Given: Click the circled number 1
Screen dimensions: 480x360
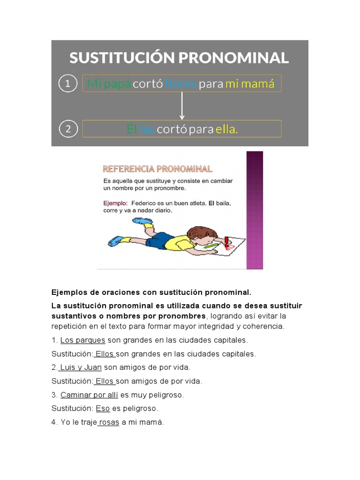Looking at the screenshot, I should pos(68,83).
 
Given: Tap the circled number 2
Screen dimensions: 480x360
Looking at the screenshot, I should pos(68,129).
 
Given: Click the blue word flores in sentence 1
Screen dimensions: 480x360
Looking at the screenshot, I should pos(180,84).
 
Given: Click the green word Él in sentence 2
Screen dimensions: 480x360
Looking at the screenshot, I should pos(132,129).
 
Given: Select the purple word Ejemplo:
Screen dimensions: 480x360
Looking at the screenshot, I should pos(115,203).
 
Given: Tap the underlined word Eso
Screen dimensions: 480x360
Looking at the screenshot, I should pos(103,409).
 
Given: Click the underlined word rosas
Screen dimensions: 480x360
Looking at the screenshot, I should pos(109,422).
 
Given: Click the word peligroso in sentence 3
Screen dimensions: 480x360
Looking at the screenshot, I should pos(165,395).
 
